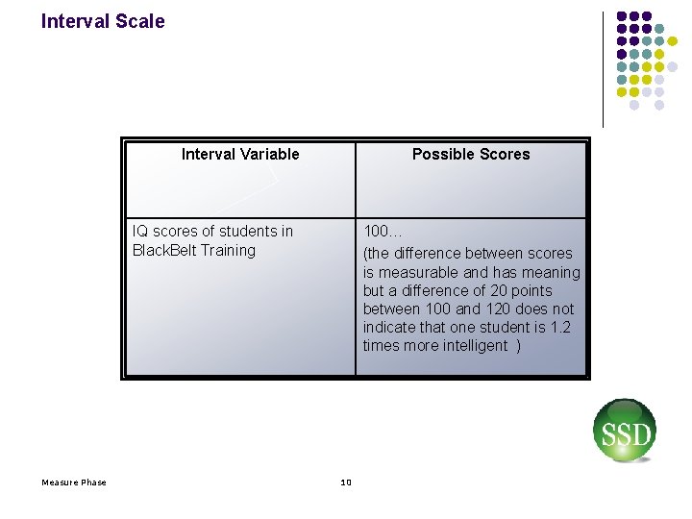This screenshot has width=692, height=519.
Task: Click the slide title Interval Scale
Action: tap(103, 21)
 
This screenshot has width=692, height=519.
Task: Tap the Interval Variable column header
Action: tap(240, 154)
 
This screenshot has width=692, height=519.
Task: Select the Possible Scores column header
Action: tap(471, 154)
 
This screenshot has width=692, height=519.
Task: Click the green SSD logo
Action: tap(624, 432)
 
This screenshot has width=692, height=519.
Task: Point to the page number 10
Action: tap(346, 482)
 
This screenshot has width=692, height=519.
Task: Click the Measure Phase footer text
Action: tap(74, 482)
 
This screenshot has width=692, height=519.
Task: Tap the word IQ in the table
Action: tap(140, 231)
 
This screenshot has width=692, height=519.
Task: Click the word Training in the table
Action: tap(228, 250)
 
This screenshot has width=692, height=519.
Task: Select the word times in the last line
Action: tap(383, 345)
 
